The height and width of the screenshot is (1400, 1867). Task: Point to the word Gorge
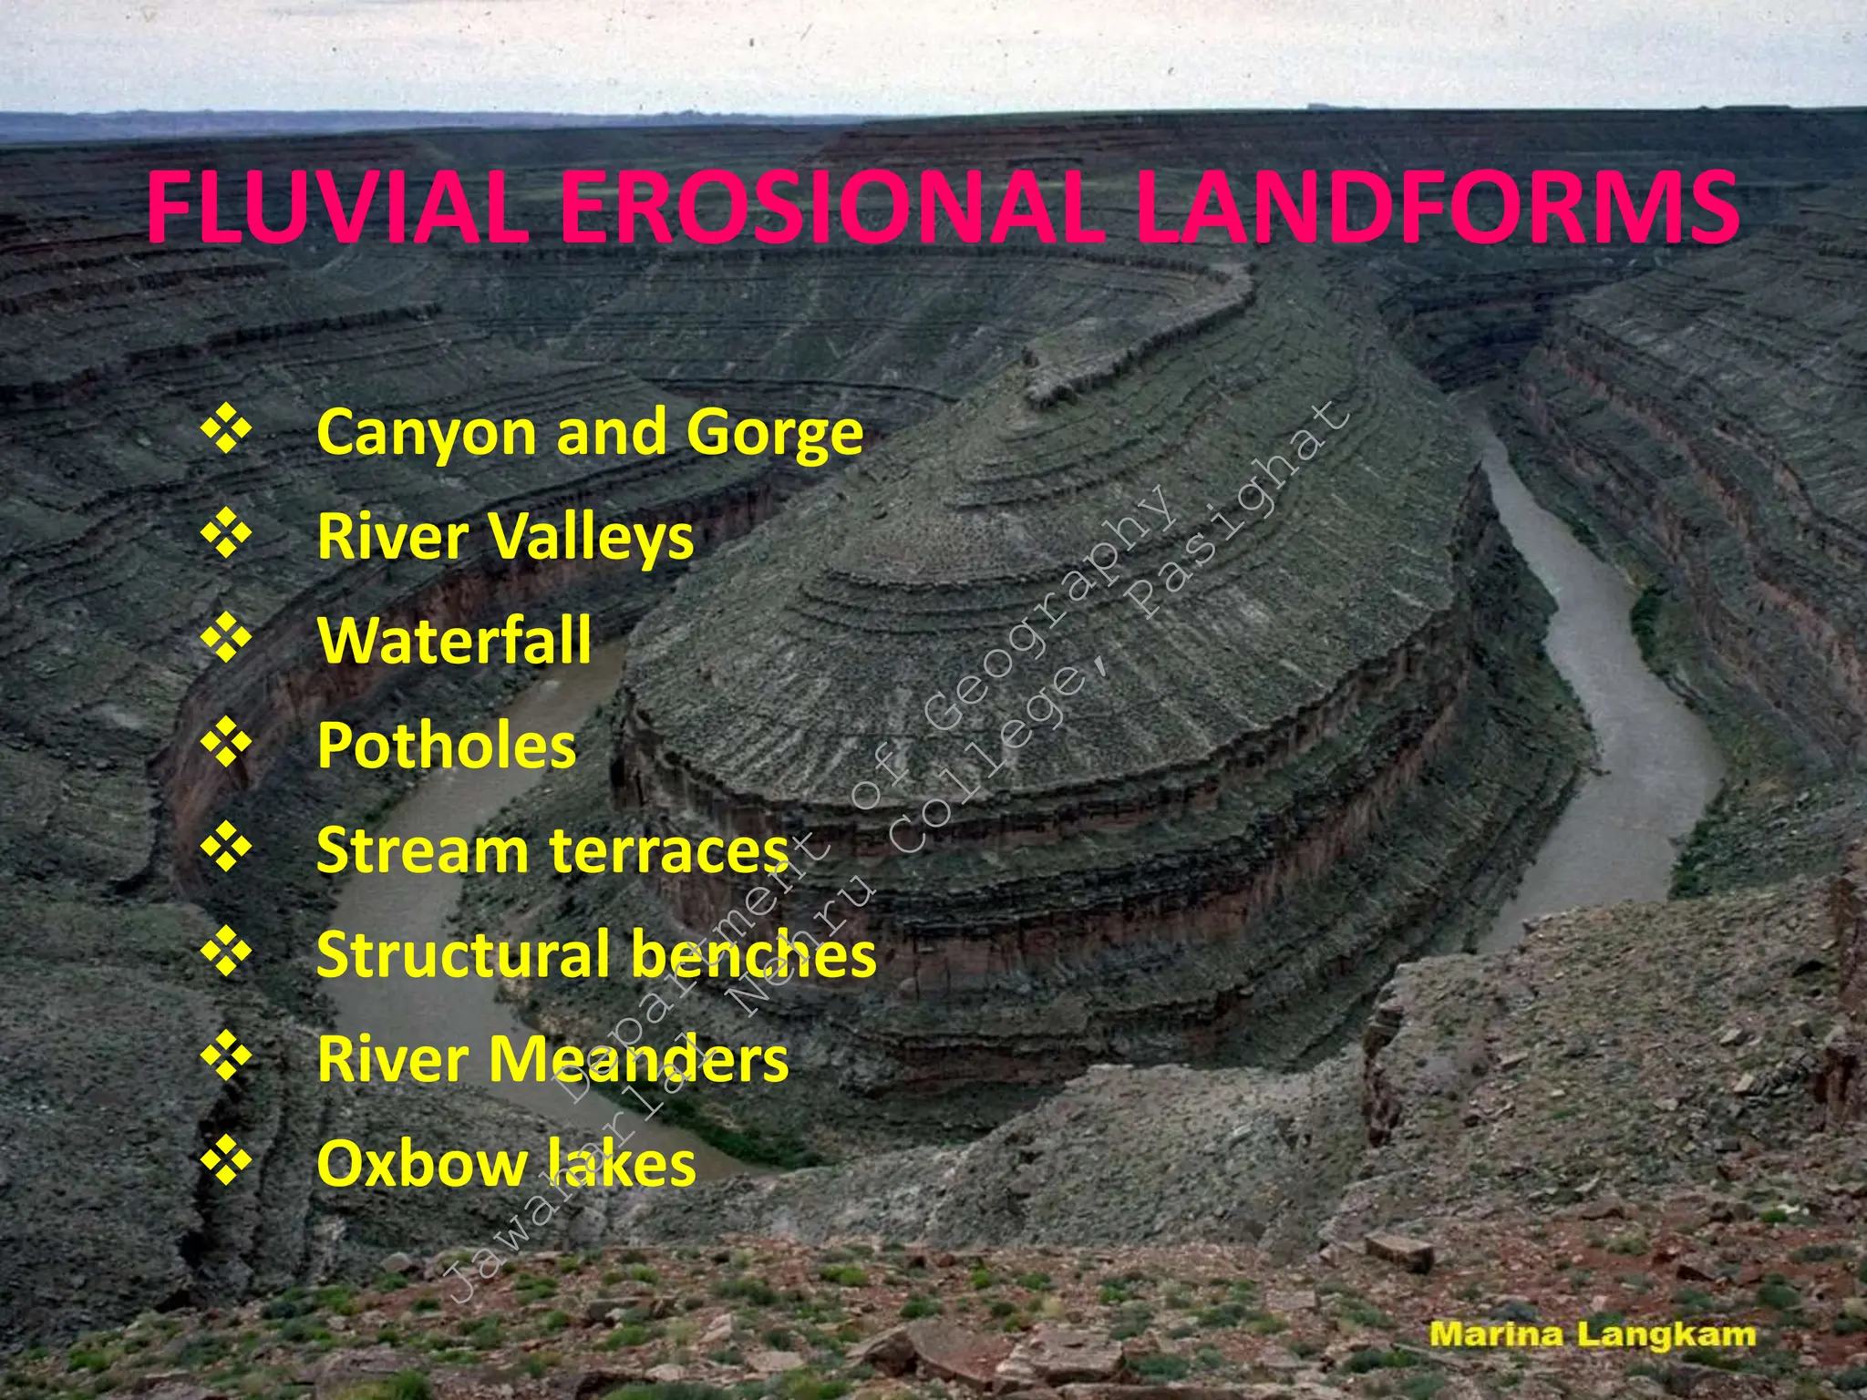point(774,434)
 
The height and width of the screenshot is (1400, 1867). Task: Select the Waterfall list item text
point(454,640)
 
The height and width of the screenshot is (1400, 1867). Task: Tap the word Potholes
point(447,746)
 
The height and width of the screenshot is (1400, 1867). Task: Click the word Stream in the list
point(422,850)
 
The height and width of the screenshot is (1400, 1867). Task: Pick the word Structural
point(463,955)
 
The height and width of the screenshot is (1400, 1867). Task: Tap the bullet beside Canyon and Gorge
point(226,431)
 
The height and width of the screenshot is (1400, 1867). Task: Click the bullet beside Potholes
point(226,744)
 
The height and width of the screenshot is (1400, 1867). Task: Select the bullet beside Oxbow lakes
point(226,1162)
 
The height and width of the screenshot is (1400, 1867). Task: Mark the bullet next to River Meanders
point(226,1057)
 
